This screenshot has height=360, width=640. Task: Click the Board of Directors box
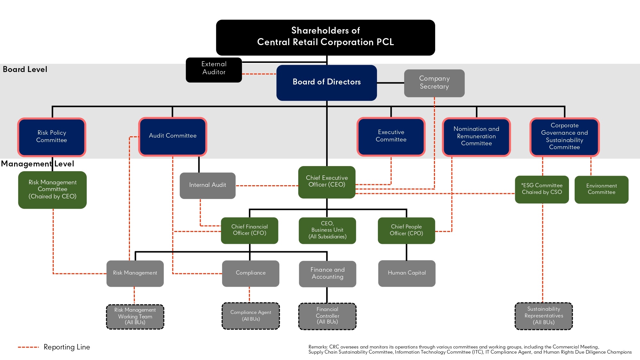pyautogui.click(x=326, y=83)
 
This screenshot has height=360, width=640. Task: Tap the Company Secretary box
pyautogui.click(x=434, y=83)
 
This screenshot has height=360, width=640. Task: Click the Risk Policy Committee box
pyautogui.click(x=52, y=137)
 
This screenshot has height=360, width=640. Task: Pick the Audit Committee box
pyautogui.click(x=172, y=136)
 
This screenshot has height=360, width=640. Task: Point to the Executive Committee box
pyautogui.click(x=391, y=136)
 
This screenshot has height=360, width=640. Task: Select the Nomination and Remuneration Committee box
pyautogui.click(x=476, y=137)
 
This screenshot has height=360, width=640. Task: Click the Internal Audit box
pyautogui.click(x=207, y=185)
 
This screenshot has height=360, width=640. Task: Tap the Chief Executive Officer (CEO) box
pyautogui.click(x=327, y=182)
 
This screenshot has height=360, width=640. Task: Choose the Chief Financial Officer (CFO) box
pyautogui.click(x=249, y=230)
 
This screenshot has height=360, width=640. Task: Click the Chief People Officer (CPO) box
pyautogui.click(x=406, y=230)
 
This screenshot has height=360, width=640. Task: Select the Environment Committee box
pyautogui.click(x=601, y=189)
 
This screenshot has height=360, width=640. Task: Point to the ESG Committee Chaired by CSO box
pyautogui.click(x=542, y=189)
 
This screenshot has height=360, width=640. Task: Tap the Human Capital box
pyautogui.click(x=407, y=273)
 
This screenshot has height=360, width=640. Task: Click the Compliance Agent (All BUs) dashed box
pyautogui.click(x=251, y=316)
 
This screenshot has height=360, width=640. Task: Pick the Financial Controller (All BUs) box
pyautogui.click(x=327, y=316)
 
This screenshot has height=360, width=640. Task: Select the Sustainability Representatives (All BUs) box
pyautogui.click(x=543, y=316)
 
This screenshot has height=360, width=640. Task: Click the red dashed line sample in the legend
pyautogui.click(x=28, y=347)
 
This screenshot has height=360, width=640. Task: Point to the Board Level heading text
pyautogui.click(x=25, y=69)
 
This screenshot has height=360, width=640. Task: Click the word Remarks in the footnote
pyautogui.click(x=318, y=347)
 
